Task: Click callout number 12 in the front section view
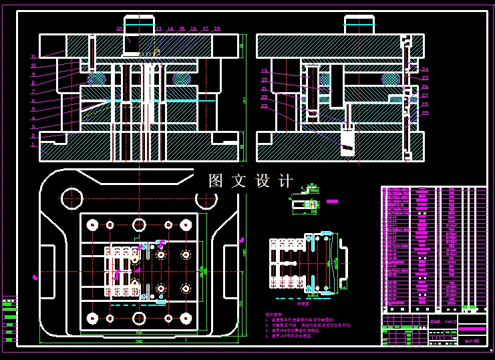click(120, 29)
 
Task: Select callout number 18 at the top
click(216, 29)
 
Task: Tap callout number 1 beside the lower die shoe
click(33, 144)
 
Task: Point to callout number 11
click(33, 57)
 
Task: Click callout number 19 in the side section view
click(264, 71)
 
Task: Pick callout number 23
click(264, 106)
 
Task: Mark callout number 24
click(426, 69)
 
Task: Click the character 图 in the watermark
click(215, 180)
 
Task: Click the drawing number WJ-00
click(472, 341)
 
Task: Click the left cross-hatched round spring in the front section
click(97, 79)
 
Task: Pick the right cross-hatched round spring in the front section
click(181, 79)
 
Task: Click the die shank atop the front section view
click(139, 25)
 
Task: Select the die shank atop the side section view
click(359, 25)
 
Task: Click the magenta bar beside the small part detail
click(333, 200)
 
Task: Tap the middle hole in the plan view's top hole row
click(139, 224)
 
